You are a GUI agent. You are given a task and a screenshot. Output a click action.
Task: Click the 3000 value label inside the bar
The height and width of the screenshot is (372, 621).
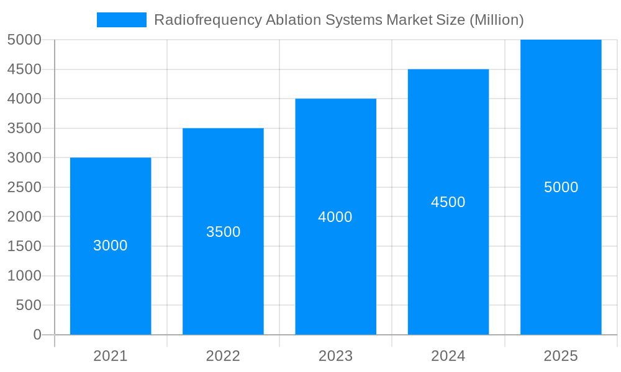click(111, 246)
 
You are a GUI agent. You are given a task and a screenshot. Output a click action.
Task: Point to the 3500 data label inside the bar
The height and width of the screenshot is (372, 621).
click(223, 232)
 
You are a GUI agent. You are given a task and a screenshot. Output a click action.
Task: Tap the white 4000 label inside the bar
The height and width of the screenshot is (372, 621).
click(335, 217)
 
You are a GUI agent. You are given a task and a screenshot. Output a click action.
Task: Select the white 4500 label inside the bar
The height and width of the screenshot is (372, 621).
click(448, 202)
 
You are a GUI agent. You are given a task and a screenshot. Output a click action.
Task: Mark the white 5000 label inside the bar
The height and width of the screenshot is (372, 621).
click(561, 187)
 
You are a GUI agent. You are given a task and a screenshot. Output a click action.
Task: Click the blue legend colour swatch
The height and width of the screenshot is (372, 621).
click(122, 20)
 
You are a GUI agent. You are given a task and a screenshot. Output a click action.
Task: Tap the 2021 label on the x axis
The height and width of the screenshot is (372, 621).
click(111, 356)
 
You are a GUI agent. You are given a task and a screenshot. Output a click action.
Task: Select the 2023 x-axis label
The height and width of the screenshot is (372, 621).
click(335, 356)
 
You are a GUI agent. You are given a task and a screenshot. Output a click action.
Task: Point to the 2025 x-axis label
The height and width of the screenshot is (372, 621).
click(561, 356)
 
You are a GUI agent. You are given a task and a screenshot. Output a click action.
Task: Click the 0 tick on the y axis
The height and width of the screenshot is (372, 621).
click(37, 335)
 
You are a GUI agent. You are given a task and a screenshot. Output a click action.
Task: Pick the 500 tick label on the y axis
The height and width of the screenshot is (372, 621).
click(29, 305)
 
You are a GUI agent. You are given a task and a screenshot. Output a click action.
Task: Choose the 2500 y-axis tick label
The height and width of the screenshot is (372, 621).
click(25, 187)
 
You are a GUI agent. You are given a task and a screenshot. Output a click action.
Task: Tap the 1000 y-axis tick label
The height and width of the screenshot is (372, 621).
click(25, 276)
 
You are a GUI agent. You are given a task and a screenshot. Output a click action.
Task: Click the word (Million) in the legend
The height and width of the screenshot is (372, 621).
click(496, 20)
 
